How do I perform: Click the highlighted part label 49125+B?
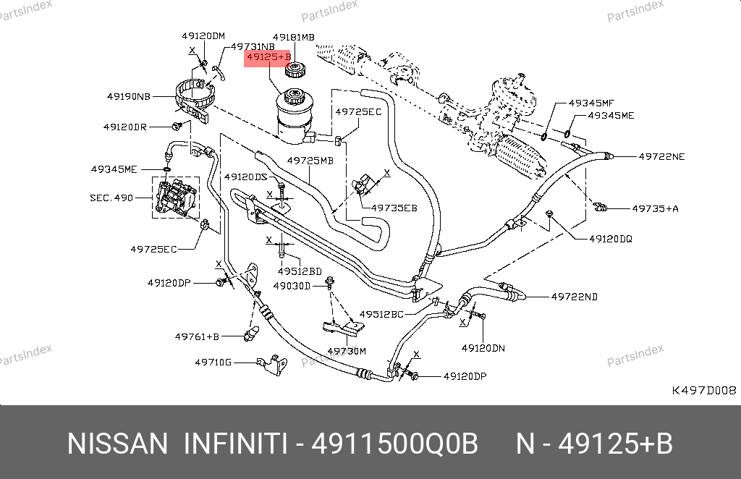click(x=268, y=56)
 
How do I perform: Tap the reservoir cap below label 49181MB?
click(x=295, y=70)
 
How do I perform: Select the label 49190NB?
click(x=129, y=96)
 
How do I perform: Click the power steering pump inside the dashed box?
click(x=176, y=198)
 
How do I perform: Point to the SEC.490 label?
click(x=111, y=197)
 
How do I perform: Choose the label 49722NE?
click(x=661, y=156)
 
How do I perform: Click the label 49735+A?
click(x=655, y=208)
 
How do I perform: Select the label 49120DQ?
click(x=610, y=238)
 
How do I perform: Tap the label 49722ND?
click(x=574, y=296)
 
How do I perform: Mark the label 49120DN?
click(x=483, y=347)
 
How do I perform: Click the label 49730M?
click(x=347, y=351)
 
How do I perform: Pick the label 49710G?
click(x=213, y=362)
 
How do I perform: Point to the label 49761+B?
click(x=197, y=336)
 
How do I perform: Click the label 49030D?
click(x=291, y=286)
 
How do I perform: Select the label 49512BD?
click(x=299, y=271)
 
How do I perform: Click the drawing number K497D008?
click(x=704, y=390)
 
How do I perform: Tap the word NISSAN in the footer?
click(x=116, y=444)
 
